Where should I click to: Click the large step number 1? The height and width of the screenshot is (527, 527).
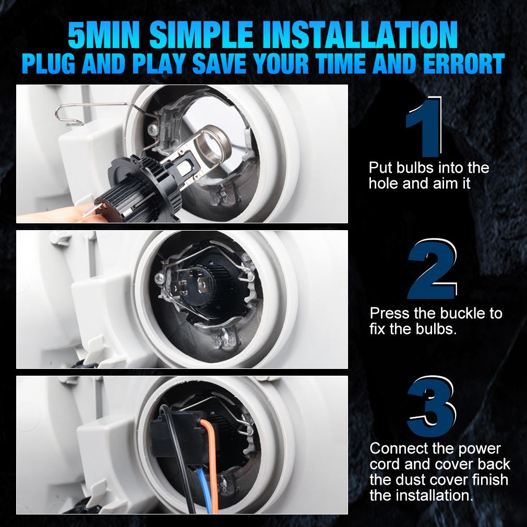click(x=424, y=127)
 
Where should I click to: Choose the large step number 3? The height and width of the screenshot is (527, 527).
click(x=432, y=406)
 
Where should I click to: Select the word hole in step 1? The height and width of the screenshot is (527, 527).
click(x=383, y=184)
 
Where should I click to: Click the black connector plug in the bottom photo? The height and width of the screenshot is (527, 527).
click(x=176, y=437)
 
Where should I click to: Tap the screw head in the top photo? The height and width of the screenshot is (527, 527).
click(x=153, y=128)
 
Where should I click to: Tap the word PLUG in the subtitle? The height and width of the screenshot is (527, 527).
click(x=49, y=63)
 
